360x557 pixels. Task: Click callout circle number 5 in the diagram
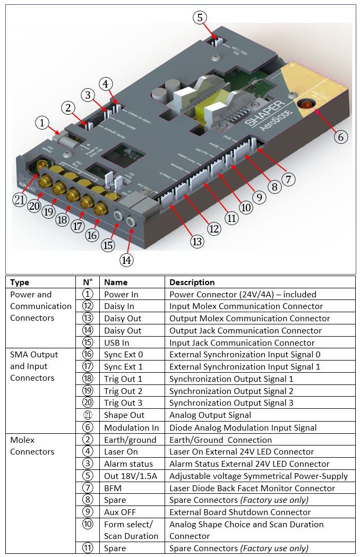pos(199,18)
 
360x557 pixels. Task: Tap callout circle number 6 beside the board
pos(341,136)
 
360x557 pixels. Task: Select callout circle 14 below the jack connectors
pos(126,260)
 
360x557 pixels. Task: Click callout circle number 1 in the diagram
pos(42,123)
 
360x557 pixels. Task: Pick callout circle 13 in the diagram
pos(198,242)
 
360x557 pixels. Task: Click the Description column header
pos(192,282)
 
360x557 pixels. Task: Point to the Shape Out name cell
pos(124,415)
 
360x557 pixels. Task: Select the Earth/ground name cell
pos(130,440)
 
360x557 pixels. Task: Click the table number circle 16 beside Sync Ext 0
pos(88,355)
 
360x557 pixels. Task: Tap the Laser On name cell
pos(121,452)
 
